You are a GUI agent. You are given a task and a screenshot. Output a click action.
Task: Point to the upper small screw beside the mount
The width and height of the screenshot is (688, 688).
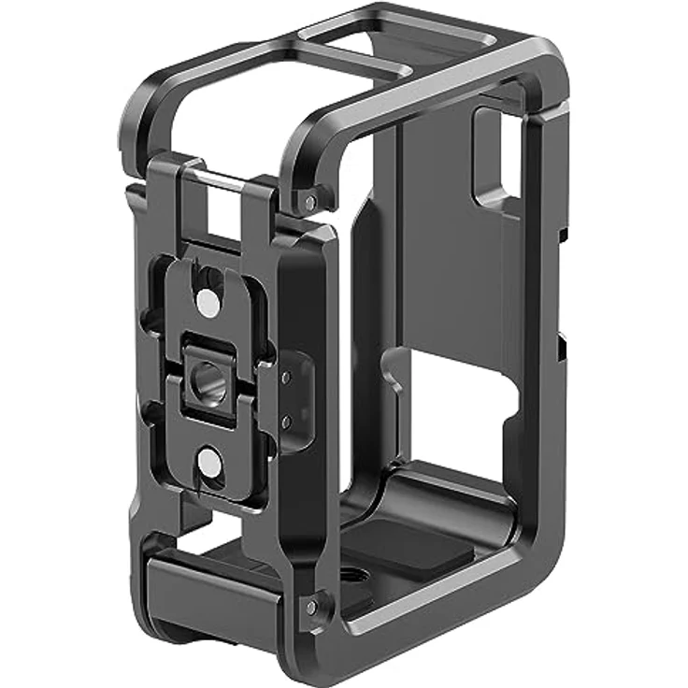click(x=285, y=376)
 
